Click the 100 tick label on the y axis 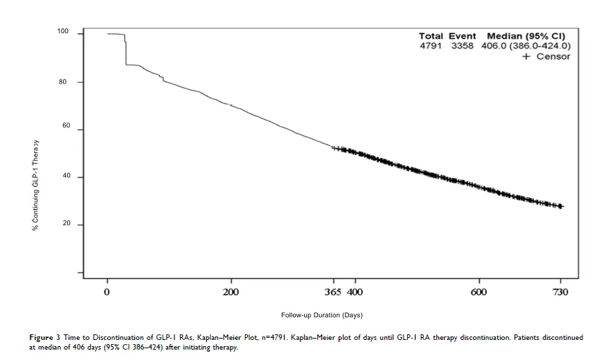click(x=63, y=31)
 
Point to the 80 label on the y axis click(x=63, y=82)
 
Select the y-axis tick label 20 click(x=66, y=224)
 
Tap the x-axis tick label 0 click(x=107, y=292)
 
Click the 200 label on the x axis click(x=231, y=292)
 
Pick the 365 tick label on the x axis click(x=332, y=292)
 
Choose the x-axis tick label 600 click(x=479, y=292)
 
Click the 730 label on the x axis click(x=560, y=292)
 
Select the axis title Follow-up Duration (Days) click(x=322, y=315)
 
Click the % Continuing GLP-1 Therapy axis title click(x=35, y=186)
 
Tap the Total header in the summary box click(x=431, y=36)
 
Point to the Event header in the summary click(x=462, y=36)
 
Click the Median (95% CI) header click(x=526, y=36)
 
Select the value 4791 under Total click(x=431, y=46)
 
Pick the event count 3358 click(x=462, y=46)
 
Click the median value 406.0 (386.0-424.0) click(x=526, y=46)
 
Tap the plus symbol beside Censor click(x=526, y=56)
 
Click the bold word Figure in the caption click(x=41, y=338)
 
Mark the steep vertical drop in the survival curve click(x=125, y=50)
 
